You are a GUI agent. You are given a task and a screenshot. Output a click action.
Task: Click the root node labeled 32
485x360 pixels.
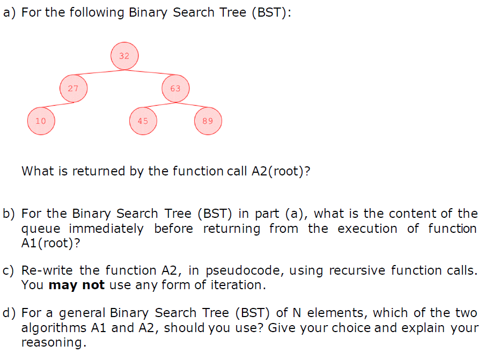coord(124,56)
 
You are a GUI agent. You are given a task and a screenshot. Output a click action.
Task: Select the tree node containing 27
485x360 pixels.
coord(73,89)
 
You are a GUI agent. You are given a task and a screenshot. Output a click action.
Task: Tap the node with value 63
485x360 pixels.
coord(175,89)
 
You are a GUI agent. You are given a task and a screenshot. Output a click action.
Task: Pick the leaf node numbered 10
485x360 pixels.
coord(41,121)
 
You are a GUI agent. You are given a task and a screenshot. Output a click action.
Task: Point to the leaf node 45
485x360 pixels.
coord(143,121)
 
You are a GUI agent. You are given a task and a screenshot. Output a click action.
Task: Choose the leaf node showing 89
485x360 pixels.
coord(208,121)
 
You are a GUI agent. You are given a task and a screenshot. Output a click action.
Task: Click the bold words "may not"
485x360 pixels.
coord(76,285)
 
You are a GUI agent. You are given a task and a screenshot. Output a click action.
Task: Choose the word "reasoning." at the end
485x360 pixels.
coord(54,343)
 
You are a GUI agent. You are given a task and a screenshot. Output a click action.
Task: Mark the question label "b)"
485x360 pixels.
coord(10,214)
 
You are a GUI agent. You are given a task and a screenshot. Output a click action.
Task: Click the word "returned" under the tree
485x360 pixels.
coord(93,172)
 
